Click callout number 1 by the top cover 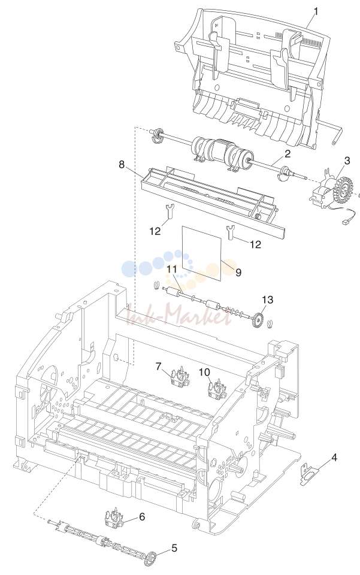(316, 11)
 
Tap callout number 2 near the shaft (288, 154)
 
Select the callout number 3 (347, 161)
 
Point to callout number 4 (334, 457)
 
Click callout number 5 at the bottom (174, 548)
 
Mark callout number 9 (238, 273)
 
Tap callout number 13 (268, 299)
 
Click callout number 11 (172, 269)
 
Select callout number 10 (205, 372)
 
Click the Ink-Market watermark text (180, 317)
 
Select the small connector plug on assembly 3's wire (346, 222)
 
